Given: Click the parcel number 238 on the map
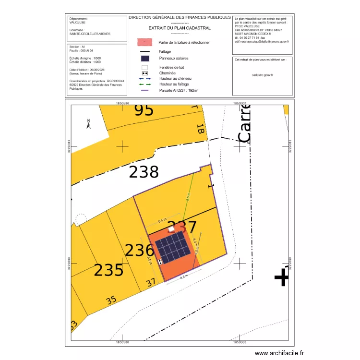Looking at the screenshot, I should pyautogui.click(x=144, y=172).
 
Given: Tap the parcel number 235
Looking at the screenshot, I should pyautogui.click(x=108, y=270).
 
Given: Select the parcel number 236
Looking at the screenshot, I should pyautogui.click(x=140, y=250).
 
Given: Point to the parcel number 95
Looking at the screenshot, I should pyautogui.click(x=144, y=110).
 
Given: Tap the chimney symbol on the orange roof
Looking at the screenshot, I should pyautogui.click(x=160, y=262).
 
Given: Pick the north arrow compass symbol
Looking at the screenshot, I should pyautogui.click(x=88, y=124).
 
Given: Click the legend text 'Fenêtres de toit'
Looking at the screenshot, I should pyautogui.click(x=171, y=68).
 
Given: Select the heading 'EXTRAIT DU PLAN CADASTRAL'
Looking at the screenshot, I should pyautogui.click(x=180, y=28).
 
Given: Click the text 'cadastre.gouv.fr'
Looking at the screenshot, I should pyautogui.click(x=262, y=75).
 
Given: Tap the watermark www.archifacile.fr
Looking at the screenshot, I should pyautogui.click(x=279, y=353).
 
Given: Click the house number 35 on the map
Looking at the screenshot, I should pyautogui.click(x=111, y=301).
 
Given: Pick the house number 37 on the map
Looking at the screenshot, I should pyautogui.click(x=152, y=283).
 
